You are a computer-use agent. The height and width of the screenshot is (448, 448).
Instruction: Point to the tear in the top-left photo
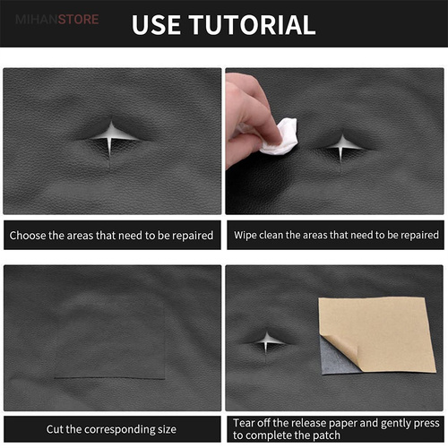[111, 136]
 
